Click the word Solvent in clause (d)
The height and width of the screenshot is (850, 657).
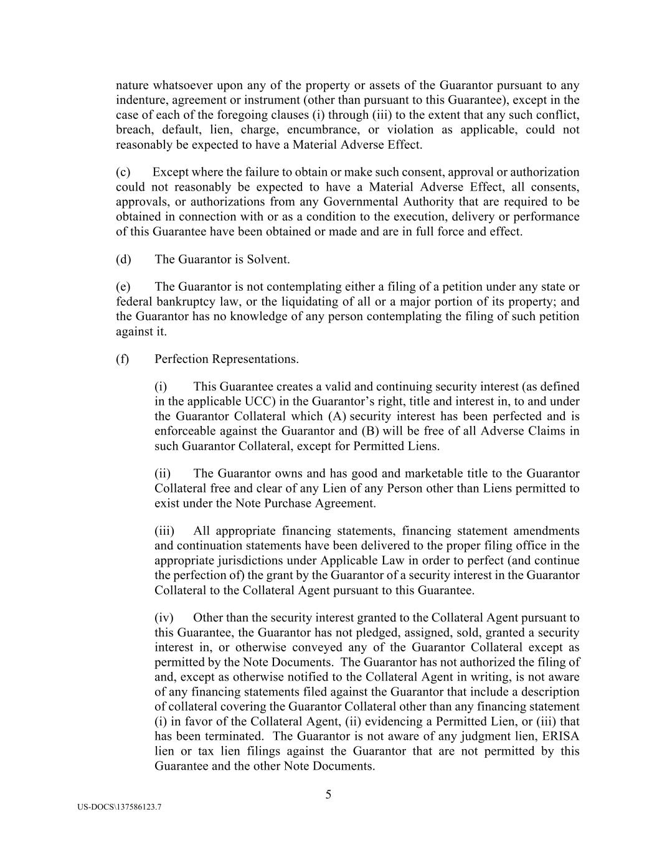[x=270, y=260]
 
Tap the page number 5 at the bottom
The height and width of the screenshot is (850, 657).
[x=328, y=795]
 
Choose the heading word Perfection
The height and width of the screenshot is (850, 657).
[x=182, y=359]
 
